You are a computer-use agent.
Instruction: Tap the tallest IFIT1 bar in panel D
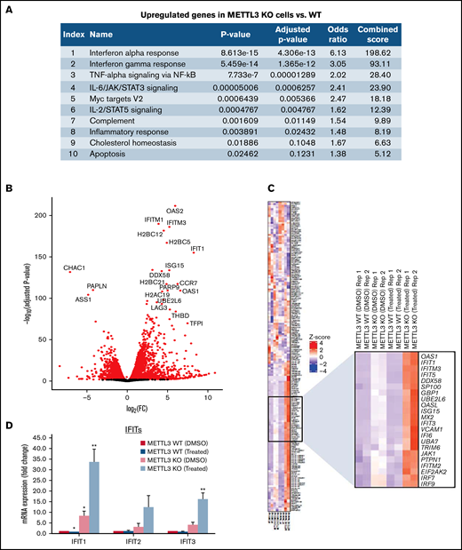pyautogui.click(x=92, y=489)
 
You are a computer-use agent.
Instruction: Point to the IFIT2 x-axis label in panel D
pyautogui.click(x=131, y=538)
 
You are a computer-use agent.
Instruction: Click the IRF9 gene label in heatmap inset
pyautogui.click(x=425, y=484)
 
